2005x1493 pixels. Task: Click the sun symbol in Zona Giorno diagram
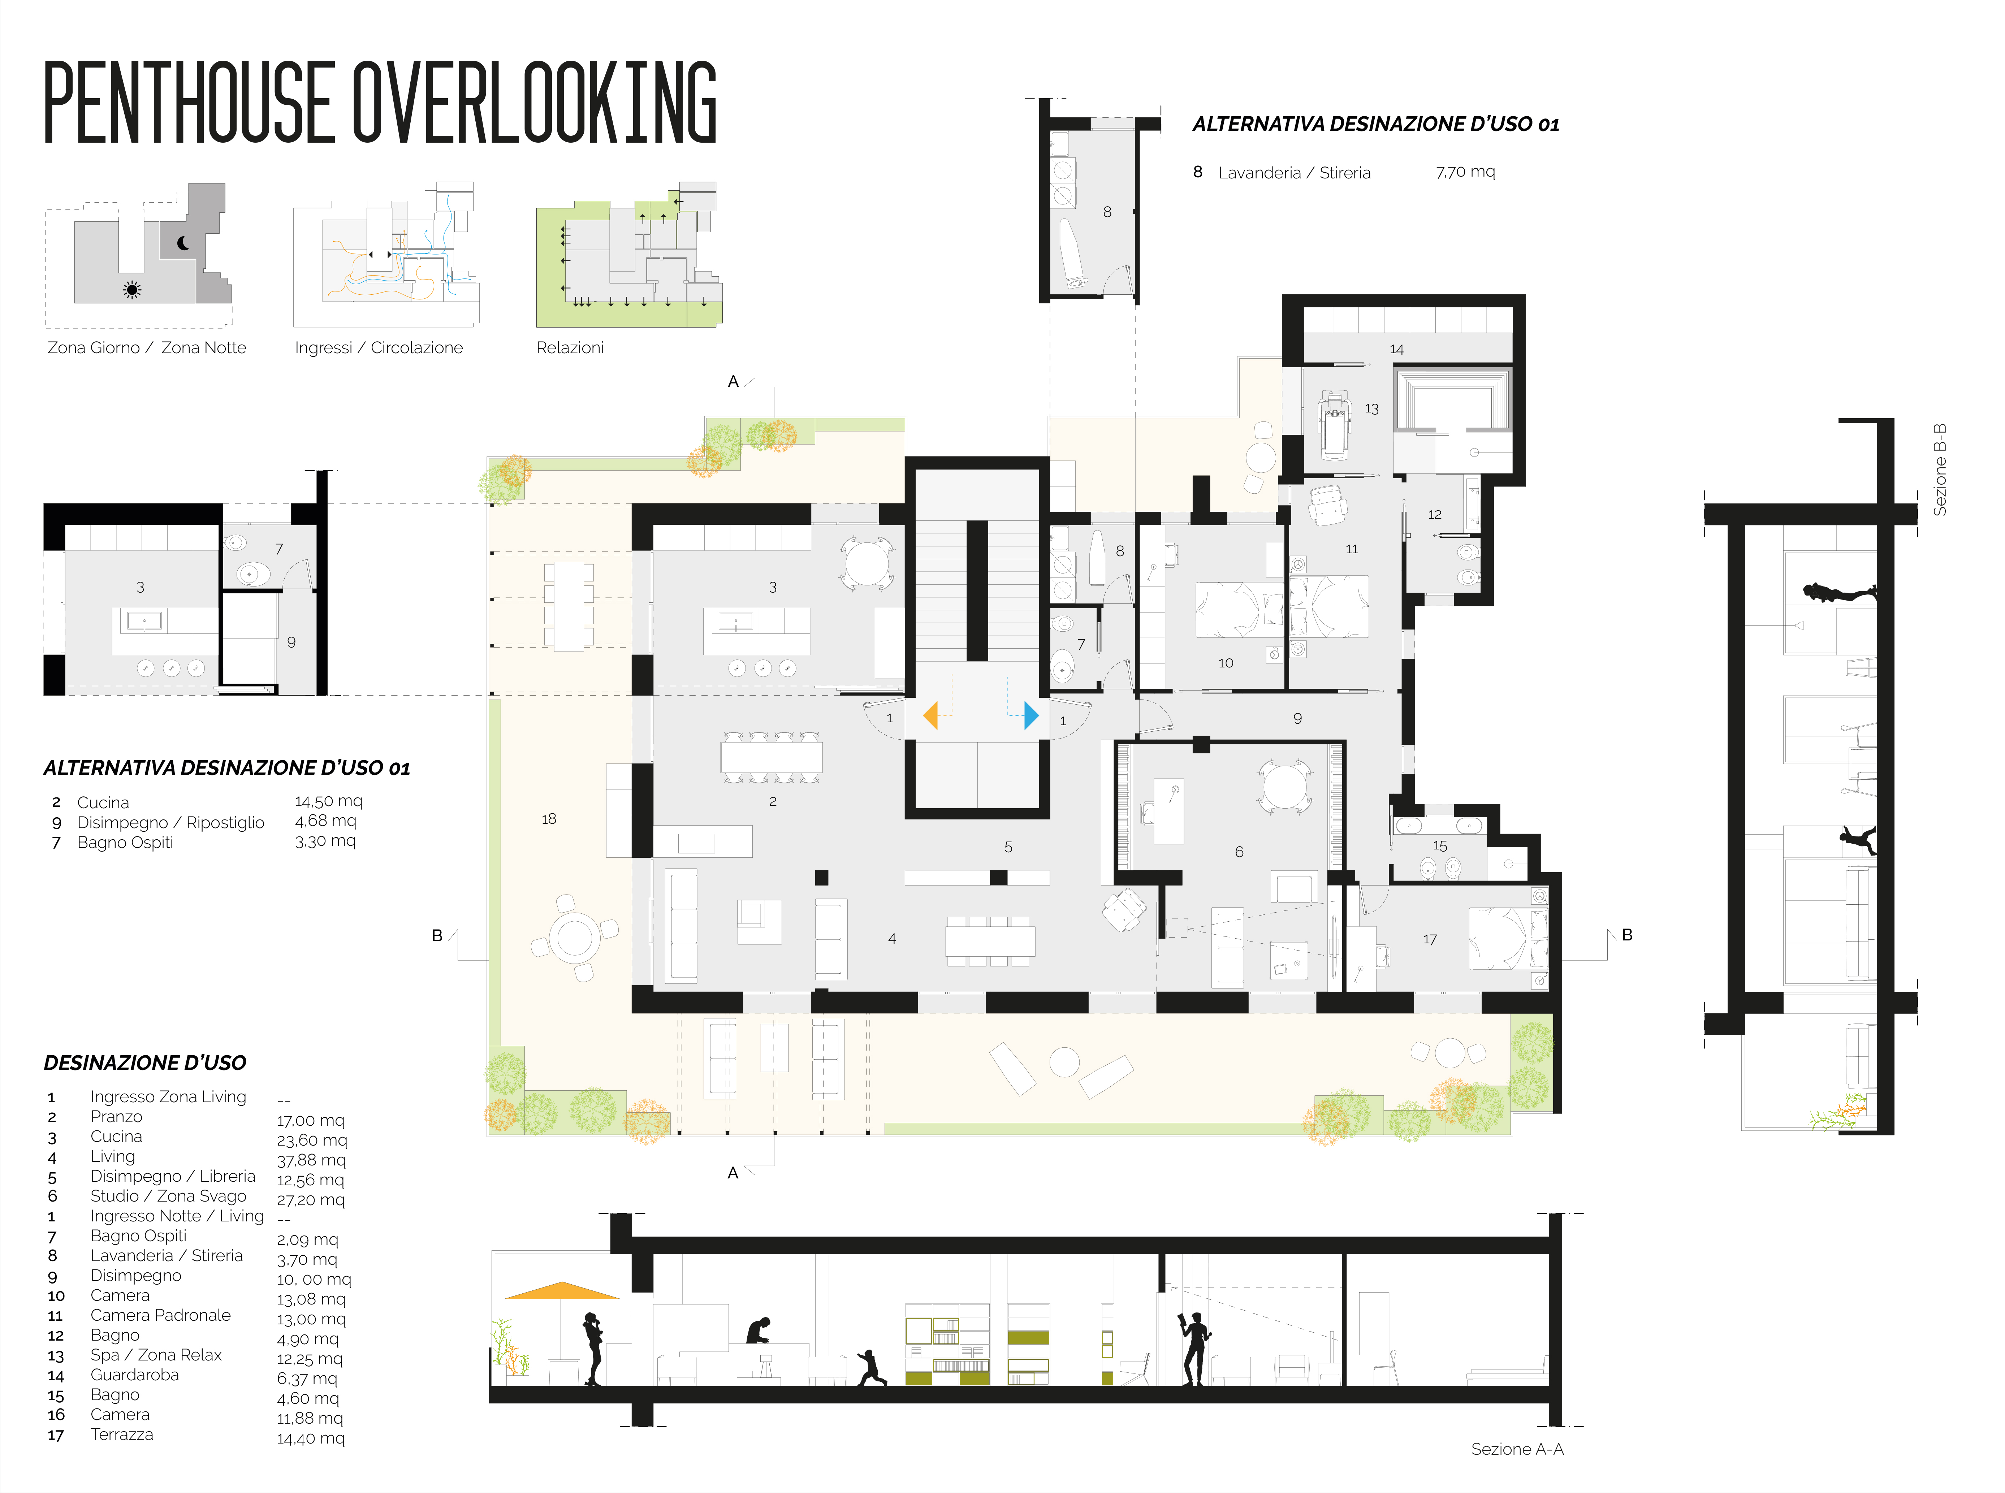click(x=132, y=290)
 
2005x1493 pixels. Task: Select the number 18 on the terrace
click(x=549, y=819)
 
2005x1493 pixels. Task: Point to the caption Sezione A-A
click(x=1517, y=1449)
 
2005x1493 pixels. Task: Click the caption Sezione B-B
click(x=1939, y=470)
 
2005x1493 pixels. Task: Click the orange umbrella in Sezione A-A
click(x=562, y=1290)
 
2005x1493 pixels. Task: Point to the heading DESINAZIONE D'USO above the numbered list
click(x=144, y=1063)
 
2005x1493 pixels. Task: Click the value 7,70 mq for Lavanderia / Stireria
click(x=1465, y=172)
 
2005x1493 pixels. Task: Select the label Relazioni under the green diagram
click(x=570, y=348)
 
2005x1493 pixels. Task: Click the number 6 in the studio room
click(x=1239, y=851)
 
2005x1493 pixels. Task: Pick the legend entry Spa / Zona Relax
click(x=155, y=1355)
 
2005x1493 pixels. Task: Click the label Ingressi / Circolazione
click(x=379, y=348)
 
